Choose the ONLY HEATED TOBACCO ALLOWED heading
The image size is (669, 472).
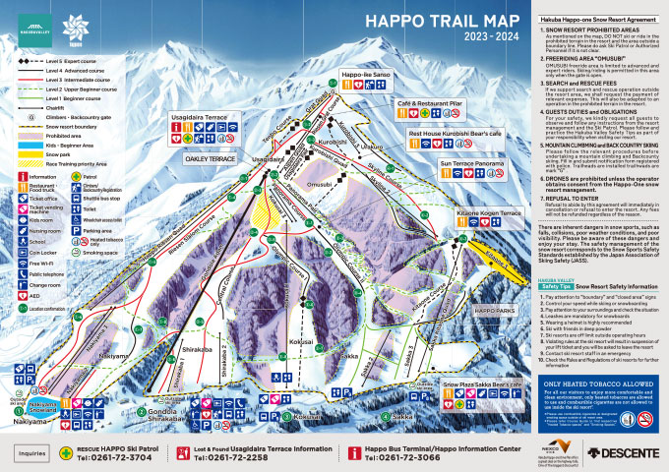pos(595,385)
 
